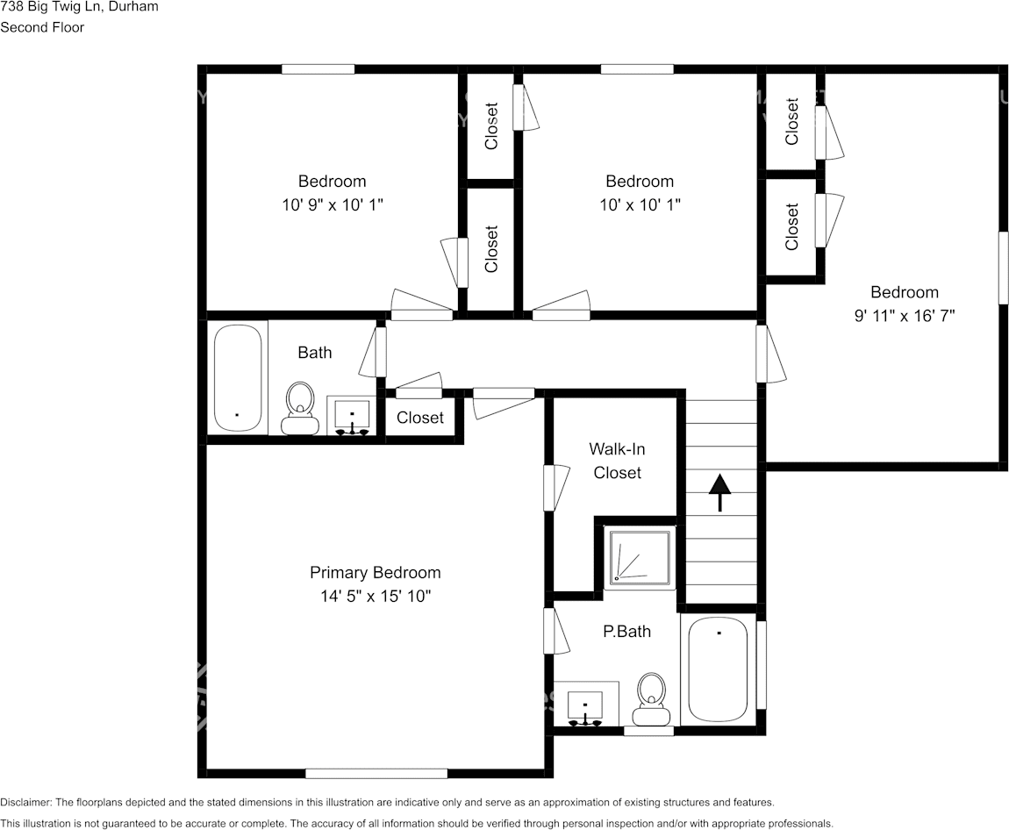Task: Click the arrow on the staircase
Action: coord(719,491)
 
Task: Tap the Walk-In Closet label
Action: coord(616,461)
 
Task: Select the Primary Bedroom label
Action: coord(375,572)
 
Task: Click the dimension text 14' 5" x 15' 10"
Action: coord(375,597)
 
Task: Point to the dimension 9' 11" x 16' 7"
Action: coord(904,316)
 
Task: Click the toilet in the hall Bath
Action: coord(300,408)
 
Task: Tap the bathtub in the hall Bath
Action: coord(238,377)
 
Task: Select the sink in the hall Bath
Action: coord(352,415)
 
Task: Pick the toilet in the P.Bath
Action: coord(651,698)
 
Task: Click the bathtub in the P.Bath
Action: coord(718,669)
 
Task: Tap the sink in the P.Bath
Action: coord(584,705)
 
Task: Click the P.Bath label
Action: coord(626,631)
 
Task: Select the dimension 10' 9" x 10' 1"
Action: coord(332,204)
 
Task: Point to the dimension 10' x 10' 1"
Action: coord(640,204)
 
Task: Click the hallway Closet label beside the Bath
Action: coord(419,418)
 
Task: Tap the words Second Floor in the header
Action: coord(42,27)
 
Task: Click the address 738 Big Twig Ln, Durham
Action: coord(79,6)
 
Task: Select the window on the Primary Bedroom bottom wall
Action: coord(376,773)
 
